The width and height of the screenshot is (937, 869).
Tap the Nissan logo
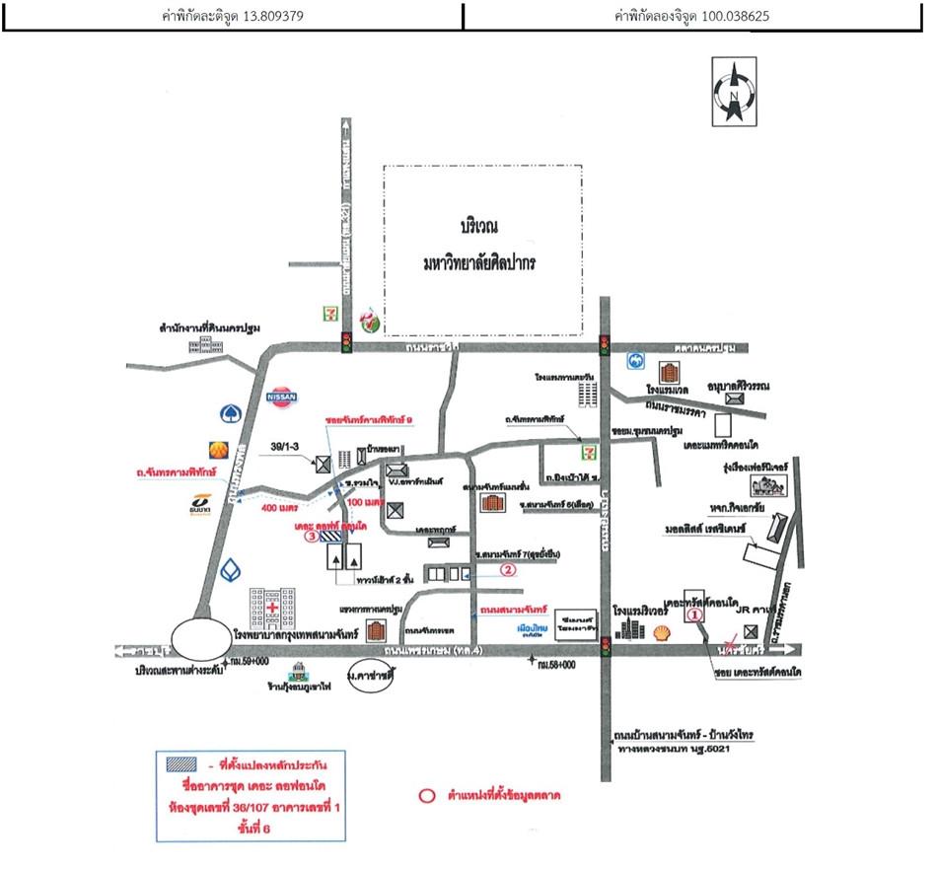pyautogui.click(x=282, y=395)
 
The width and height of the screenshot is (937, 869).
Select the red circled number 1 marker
pyautogui.click(x=693, y=614)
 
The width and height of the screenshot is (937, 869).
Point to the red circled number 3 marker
pyautogui.click(x=311, y=539)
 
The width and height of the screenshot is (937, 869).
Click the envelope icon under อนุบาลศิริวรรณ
pyautogui.click(x=734, y=398)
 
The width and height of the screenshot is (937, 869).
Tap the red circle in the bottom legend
pyautogui.click(x=426, y=795)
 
